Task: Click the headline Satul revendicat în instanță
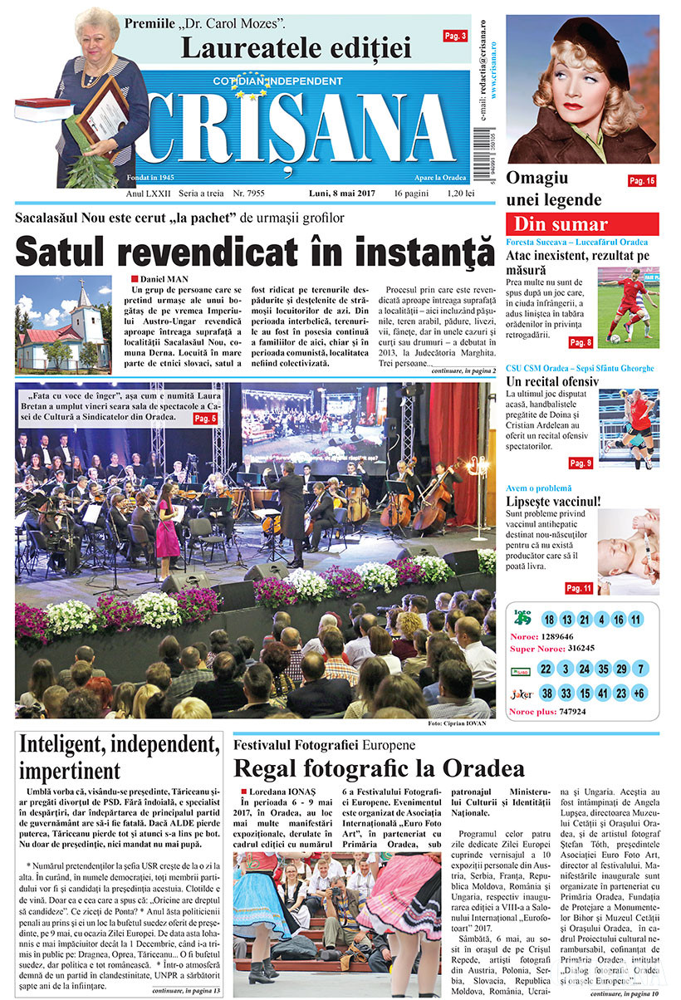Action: pos(255,249)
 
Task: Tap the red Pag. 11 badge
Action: pos(578,588)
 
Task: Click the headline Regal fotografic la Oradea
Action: pos(379,767)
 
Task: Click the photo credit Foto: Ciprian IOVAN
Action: pos(458,723)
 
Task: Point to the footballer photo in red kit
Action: pos(629,305)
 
